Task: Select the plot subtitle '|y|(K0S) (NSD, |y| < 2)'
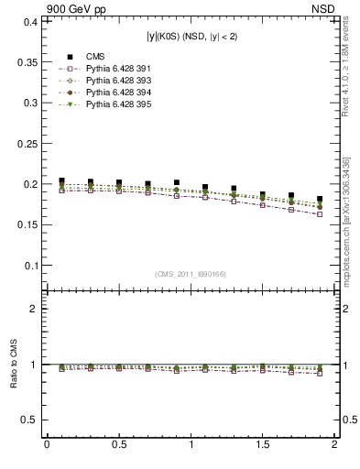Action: (x=191, y=37)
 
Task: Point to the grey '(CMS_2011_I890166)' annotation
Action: (x=191, y=273)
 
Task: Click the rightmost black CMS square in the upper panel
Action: (x=320, y=199)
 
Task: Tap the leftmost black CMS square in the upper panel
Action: (x=61, y=181)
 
